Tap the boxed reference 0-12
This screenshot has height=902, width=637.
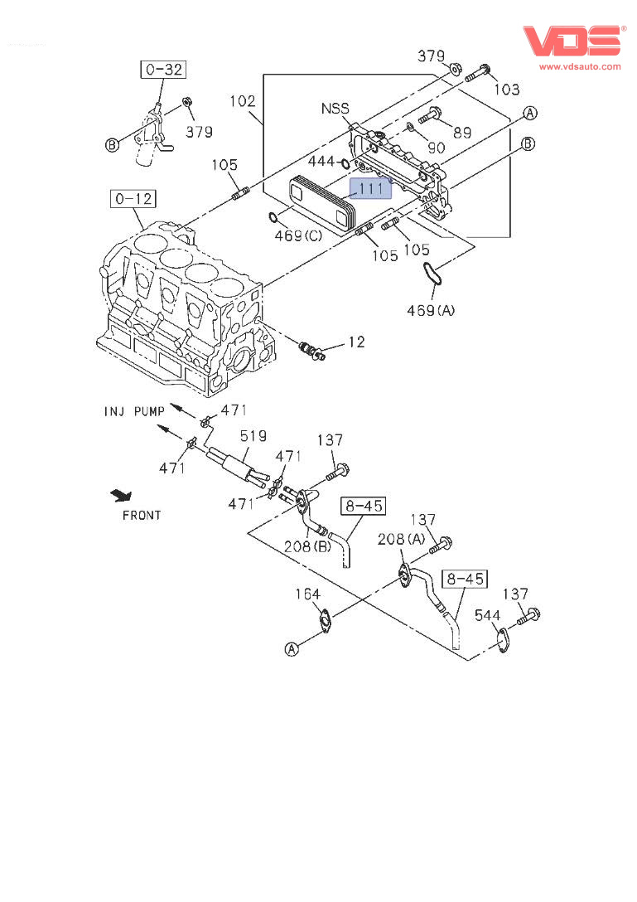click(134, 200)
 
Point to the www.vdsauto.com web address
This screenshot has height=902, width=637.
click(580, 66)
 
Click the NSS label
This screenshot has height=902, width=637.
click(335, 109)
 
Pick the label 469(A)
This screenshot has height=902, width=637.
click(430, 311)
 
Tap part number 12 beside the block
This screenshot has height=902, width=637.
click(355, 342)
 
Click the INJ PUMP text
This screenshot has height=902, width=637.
click(135, 410)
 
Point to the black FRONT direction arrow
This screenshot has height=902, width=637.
click(123, 496)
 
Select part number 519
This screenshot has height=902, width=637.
click(253, 435)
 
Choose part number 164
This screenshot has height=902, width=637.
click(308, 594)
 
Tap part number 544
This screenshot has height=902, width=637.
click(487, 615)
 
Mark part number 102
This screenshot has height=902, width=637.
click(242, 101)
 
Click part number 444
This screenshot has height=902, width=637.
click(321, 161)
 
